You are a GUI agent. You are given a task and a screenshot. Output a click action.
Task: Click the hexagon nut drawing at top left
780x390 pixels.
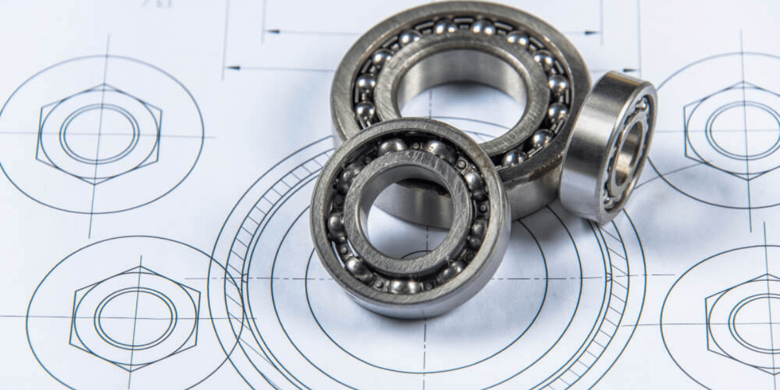click(99, 133)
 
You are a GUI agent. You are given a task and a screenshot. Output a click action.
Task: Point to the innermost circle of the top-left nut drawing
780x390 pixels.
click(99, 134)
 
